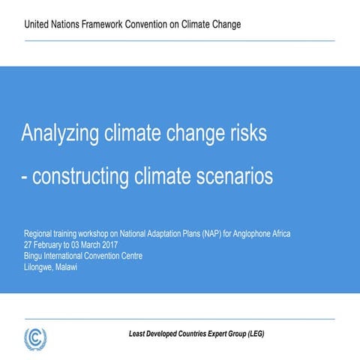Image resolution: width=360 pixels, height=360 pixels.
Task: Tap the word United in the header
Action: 38,24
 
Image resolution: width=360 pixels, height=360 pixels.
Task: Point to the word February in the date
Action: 49,244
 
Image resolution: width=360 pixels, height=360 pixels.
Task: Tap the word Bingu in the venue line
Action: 34,255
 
